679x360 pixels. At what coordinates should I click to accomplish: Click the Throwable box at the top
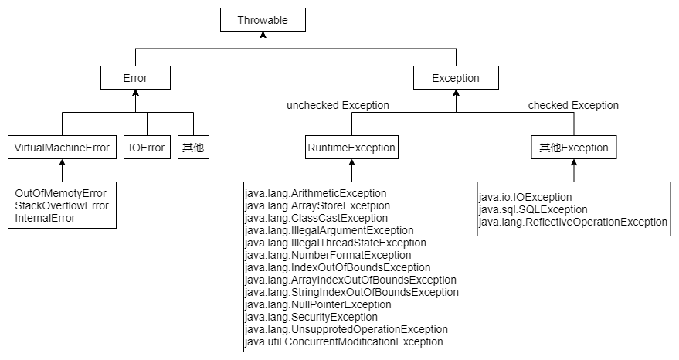click(x=263, y=21)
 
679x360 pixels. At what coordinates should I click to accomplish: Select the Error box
click(x=135, y=78)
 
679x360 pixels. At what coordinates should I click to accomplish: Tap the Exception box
click(x=456, y=78)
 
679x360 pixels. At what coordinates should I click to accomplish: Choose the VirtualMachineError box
click(x=63, y=148)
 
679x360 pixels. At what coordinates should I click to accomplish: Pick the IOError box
click(x=147, y=148)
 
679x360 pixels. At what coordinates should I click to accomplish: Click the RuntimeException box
click(x=351, y=148)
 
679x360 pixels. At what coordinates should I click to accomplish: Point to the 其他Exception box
click(x=573, y=148)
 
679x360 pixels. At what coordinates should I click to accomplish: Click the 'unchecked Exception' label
click(x=338, y=105)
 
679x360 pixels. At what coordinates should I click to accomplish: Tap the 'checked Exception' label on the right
click(x=573, y=105)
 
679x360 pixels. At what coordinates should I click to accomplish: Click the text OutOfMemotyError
click(x=60, y=193)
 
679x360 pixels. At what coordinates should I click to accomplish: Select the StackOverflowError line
click(x=62, y=205)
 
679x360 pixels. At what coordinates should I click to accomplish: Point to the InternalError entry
click(x=45, y=218)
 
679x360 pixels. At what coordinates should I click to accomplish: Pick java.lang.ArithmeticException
click(x=315, y=193)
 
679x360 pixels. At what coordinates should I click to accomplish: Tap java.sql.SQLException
click(x=533, y=209)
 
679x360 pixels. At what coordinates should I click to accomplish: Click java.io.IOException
click(x=525, y=197)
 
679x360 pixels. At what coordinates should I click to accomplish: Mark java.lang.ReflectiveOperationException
click(x=572, y=222)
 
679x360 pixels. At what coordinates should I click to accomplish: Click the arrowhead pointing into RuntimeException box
click(x=351, y=164)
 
